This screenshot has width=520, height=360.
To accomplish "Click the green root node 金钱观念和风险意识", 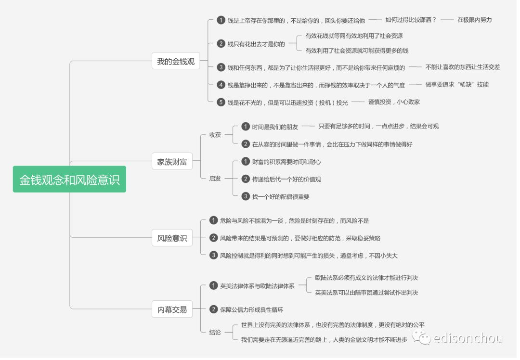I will pos(69,180).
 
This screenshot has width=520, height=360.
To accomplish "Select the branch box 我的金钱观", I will pos(176,62).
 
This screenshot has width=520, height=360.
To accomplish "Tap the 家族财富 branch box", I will pos(172,162).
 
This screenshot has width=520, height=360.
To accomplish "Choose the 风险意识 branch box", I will pos(172,238).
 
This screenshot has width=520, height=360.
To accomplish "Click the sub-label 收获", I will pos(215,135).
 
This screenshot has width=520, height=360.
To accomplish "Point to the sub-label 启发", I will pos(215,179).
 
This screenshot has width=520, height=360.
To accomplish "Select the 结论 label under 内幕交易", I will pos(215,332).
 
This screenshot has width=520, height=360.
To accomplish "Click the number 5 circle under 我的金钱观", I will pos(221,102).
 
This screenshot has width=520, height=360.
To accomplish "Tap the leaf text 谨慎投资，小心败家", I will pos(394,102).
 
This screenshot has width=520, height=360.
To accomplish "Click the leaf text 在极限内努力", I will pos(474,20).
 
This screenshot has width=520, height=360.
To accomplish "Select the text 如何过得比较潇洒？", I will pos(410,20).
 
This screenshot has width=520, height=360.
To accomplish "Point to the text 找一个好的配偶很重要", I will pos(281,196).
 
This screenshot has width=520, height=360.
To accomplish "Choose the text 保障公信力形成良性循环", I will pos(251,309).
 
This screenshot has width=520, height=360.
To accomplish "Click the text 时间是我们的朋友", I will pos(275,127).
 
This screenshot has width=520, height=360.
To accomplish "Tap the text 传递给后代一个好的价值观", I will pos(286,179).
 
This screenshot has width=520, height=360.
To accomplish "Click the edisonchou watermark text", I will pos(468,338).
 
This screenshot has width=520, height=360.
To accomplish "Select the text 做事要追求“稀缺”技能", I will pos(456,85).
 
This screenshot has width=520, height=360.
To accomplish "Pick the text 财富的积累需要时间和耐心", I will pos(286,162).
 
